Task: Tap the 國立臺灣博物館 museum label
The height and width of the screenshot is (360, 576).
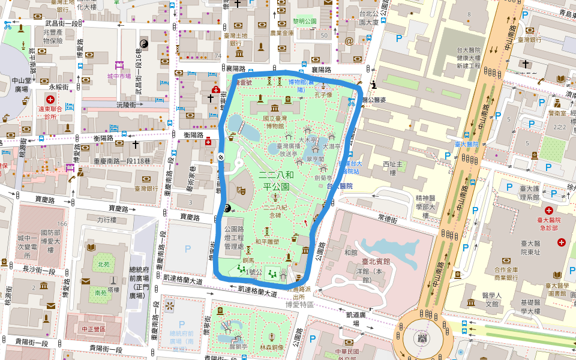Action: [274, 122]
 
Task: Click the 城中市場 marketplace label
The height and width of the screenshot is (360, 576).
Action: [119, 77]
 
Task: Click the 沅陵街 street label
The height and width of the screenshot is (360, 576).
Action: [127, 104]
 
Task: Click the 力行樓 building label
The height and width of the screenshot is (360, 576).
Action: [106, 220]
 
